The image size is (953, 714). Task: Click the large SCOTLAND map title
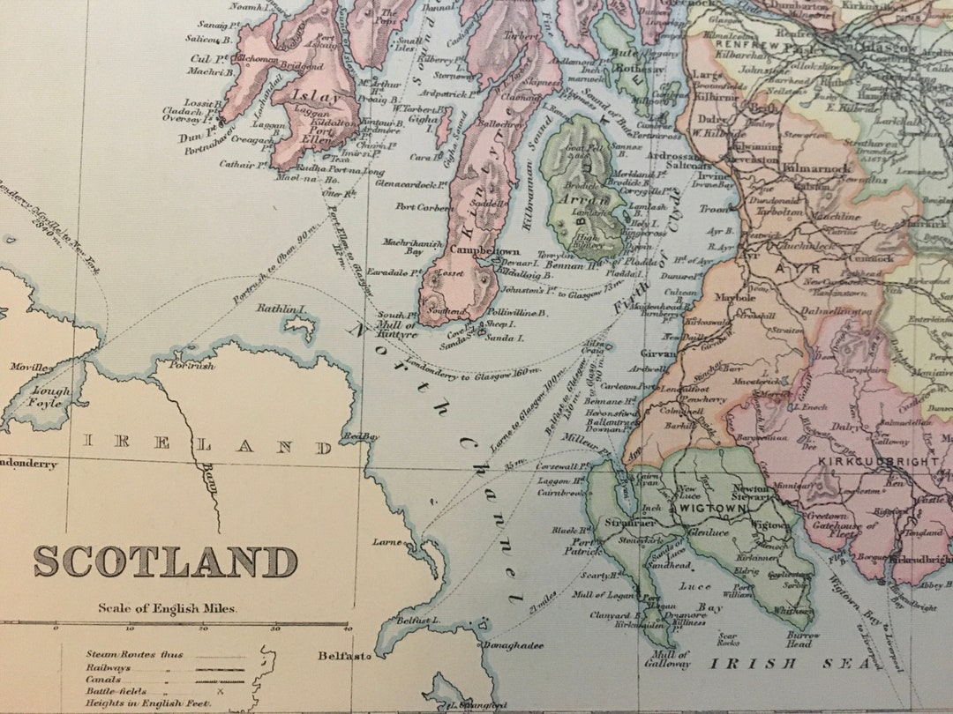[166, 562]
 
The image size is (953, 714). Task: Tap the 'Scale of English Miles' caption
[168, 607]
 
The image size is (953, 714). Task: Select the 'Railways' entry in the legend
[104, 669]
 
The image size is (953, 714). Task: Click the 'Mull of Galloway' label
[671, 659]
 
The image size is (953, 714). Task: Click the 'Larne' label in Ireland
[386, 542]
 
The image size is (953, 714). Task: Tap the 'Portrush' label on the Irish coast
[192, 365]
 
